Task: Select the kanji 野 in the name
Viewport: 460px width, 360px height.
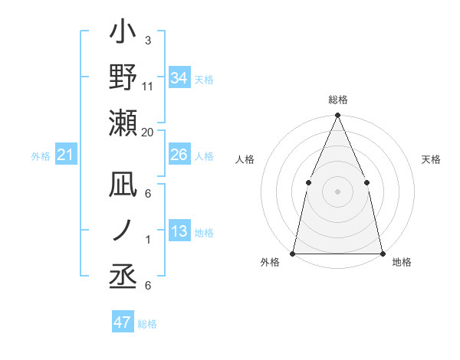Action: [123, 77]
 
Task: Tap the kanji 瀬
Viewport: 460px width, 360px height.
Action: [123, 123]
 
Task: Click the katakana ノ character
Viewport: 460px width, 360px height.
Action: [123, 229]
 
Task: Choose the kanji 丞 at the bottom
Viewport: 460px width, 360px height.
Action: [123, 274]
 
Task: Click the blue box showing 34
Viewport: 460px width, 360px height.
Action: [179, 78]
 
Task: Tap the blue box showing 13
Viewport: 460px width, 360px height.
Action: [179, 232]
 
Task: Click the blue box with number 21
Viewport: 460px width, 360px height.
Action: [66, 155]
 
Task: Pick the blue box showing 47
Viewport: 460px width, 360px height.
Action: [123, 322]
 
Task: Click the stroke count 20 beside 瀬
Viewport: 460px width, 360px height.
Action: [148, 132]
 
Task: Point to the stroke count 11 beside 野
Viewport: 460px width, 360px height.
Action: [148, 87]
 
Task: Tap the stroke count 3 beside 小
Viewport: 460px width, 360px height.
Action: [147, 41]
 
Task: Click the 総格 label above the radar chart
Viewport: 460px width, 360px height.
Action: [337, 100]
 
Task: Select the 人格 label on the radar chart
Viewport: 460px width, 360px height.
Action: [245, 159]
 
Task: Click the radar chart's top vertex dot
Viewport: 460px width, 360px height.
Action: [337, 116]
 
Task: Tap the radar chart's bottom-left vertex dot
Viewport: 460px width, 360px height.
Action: [293, 253]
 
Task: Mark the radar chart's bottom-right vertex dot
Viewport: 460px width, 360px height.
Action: [382, 253]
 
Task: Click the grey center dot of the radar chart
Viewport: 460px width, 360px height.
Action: [337, 191]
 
